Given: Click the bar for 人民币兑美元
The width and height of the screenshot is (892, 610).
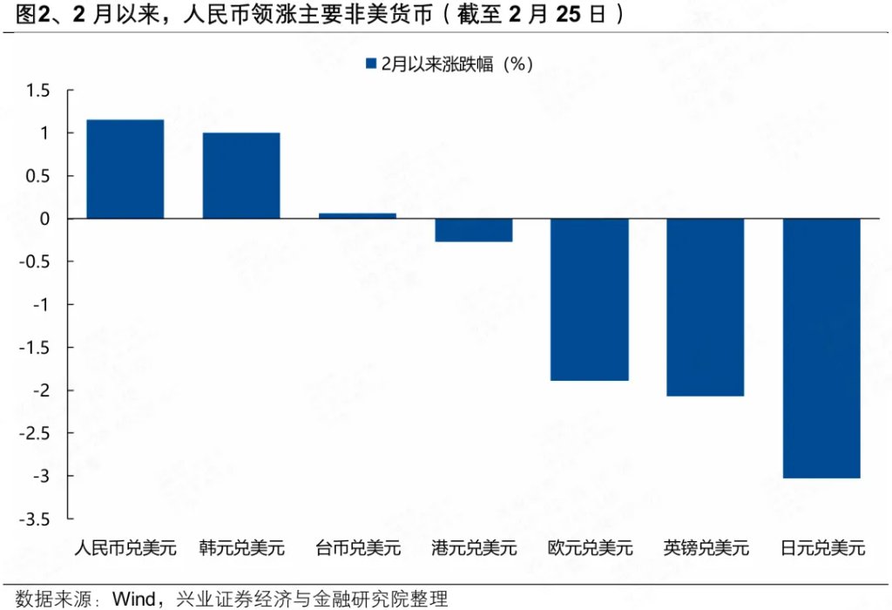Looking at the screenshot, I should point(125,169).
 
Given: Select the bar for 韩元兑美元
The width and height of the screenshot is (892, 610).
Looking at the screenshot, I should point(241,175).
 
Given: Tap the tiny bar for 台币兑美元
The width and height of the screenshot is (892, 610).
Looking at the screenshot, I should point(357,215).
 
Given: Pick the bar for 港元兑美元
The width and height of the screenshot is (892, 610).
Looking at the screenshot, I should point(474,230).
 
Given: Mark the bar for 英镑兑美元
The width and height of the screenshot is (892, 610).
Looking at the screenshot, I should point(706,307).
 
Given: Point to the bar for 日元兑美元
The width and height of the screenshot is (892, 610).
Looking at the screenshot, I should point(821,348).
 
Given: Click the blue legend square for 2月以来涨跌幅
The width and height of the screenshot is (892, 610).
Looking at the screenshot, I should point(370,64).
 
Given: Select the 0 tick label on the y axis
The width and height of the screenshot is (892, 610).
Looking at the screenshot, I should point(44,219).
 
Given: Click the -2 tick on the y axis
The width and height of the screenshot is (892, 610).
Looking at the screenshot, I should point(40,390).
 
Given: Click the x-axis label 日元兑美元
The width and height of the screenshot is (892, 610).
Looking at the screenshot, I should point(822,548).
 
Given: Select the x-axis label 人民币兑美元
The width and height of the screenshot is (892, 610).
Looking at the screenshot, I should point(125,548).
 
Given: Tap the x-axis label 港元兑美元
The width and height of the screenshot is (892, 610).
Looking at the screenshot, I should point(474,548).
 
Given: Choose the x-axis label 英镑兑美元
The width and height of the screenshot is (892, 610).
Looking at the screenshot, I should point(706,548).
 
